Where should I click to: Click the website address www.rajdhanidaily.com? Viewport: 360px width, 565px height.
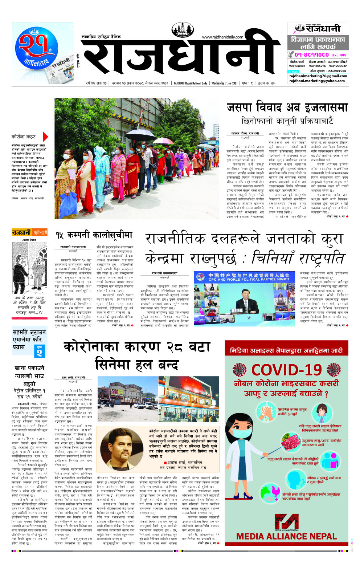click(222, 37)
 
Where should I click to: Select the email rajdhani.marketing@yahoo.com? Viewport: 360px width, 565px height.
click(317, 81)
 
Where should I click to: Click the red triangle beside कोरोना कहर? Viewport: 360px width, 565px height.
click(45, 137)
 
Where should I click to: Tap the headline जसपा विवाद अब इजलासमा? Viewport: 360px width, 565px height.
click(287, 107)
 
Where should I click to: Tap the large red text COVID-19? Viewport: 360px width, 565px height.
click(286, 370)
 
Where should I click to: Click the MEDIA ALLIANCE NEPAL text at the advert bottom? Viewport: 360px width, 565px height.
click(286, 536)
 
